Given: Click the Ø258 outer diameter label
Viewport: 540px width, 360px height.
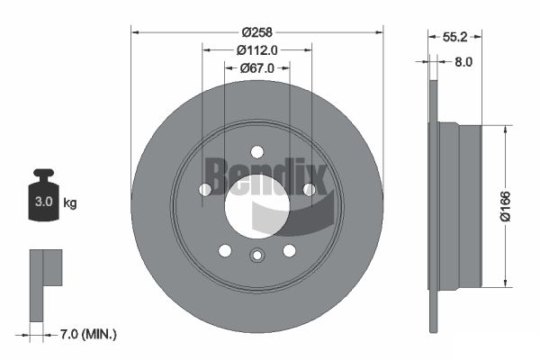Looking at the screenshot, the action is [256, 32].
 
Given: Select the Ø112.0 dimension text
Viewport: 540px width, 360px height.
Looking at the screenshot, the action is [256, 50].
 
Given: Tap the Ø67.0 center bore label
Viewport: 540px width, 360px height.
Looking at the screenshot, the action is [256, 68].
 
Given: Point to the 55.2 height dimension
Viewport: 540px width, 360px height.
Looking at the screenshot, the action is [454, 37].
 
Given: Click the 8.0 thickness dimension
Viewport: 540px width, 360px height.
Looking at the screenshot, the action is [463, 62].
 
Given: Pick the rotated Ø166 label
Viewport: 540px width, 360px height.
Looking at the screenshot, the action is [505, 206].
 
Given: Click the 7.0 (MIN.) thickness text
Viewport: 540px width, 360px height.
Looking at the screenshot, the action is [88, 334].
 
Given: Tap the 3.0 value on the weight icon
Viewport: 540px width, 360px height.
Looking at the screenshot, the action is [44, 202].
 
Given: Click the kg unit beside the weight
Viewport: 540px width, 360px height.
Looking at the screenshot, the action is [70, 202].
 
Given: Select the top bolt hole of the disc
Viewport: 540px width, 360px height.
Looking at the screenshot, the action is [256, 151].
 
